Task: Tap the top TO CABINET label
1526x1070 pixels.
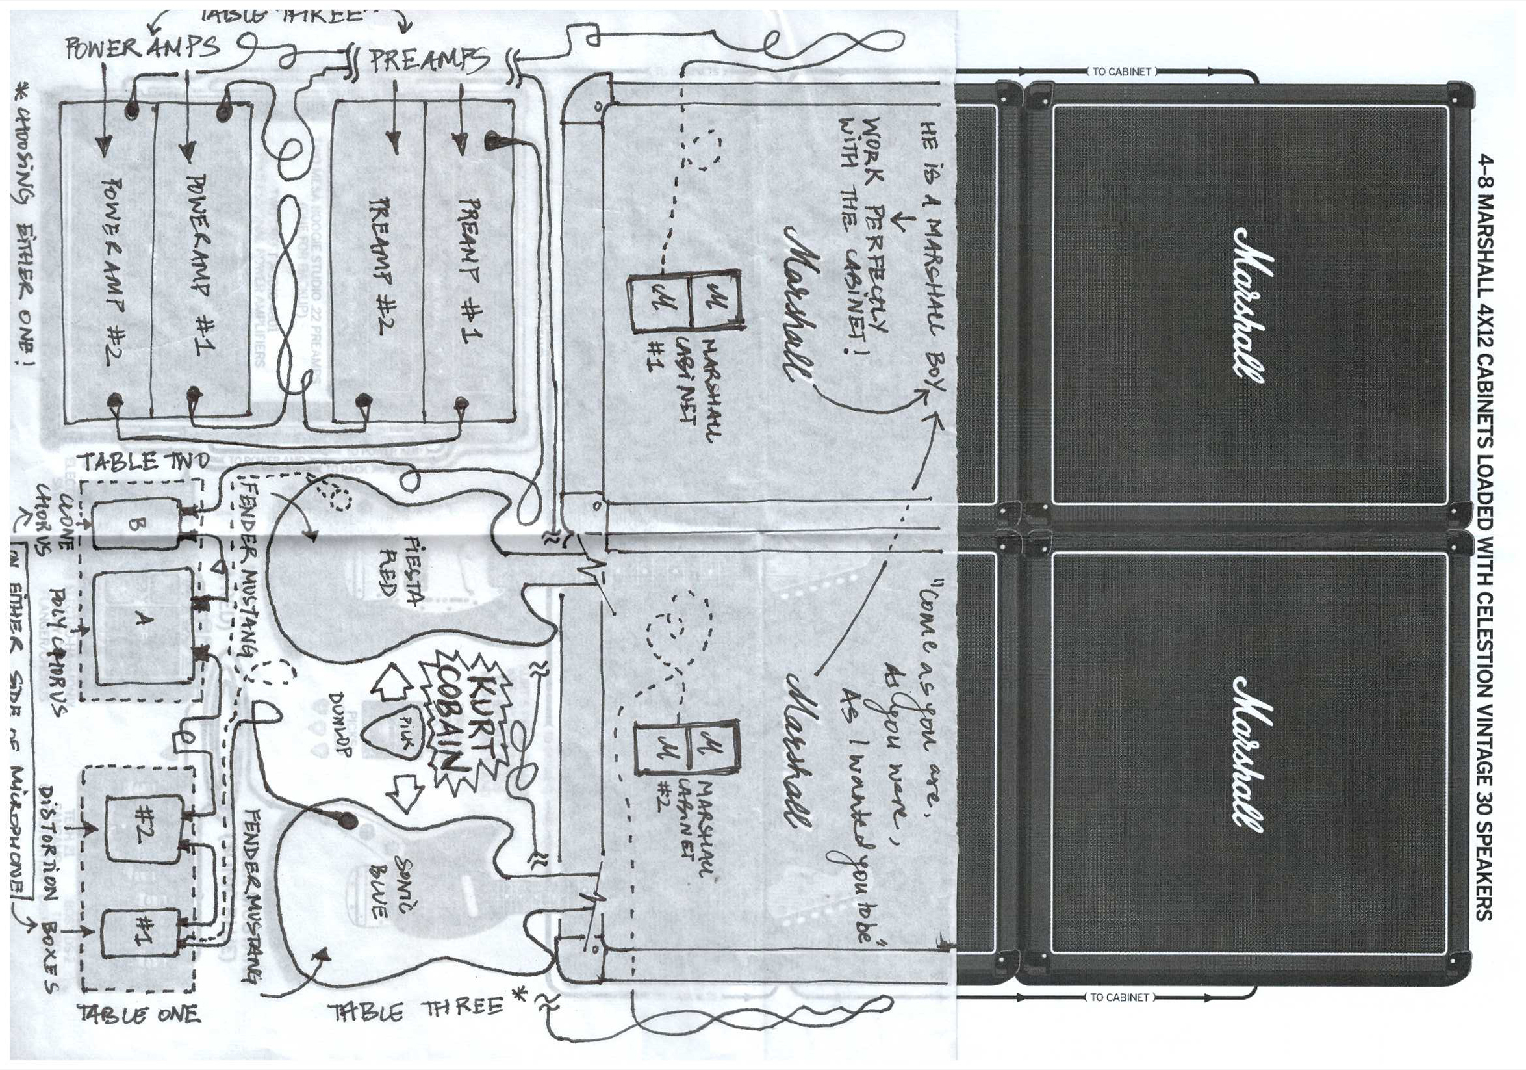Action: point(1121,72)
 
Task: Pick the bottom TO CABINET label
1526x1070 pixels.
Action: point(1119,997)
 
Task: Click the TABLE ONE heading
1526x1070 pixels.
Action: point(139,1014)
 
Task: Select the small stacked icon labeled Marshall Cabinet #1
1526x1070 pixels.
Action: point(685,302)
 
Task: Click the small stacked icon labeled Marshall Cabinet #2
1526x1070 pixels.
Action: point(687,748)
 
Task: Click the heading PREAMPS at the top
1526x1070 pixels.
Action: point(429,60)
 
